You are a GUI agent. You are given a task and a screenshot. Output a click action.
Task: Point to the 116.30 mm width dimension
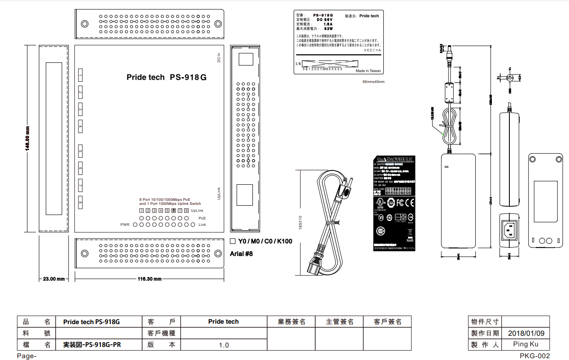coord(149,279)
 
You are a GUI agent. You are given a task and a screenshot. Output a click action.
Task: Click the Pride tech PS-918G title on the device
coord(166,77)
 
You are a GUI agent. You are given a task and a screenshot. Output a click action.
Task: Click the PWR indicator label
coord(125,224)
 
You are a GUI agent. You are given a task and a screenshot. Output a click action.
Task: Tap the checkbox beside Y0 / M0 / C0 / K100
coord(233,241)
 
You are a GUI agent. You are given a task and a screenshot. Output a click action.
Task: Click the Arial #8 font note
coord(242,254)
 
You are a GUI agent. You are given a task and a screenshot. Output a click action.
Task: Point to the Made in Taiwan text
coord(368,71)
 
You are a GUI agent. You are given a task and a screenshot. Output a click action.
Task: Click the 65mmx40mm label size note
coord(374,82)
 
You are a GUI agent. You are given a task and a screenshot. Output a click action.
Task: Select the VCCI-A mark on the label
coord(372,51)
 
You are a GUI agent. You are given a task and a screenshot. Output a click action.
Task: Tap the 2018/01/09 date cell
coord(526,334)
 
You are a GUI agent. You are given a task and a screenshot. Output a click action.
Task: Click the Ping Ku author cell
coord(526,344)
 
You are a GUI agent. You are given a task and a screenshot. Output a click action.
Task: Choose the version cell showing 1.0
coord(224,345)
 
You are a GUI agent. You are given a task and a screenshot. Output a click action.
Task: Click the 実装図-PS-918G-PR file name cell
coord(92,345)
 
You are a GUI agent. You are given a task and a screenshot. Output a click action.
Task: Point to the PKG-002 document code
coord(535,356)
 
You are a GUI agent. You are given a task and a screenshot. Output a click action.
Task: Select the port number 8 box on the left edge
coord(80,203)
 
